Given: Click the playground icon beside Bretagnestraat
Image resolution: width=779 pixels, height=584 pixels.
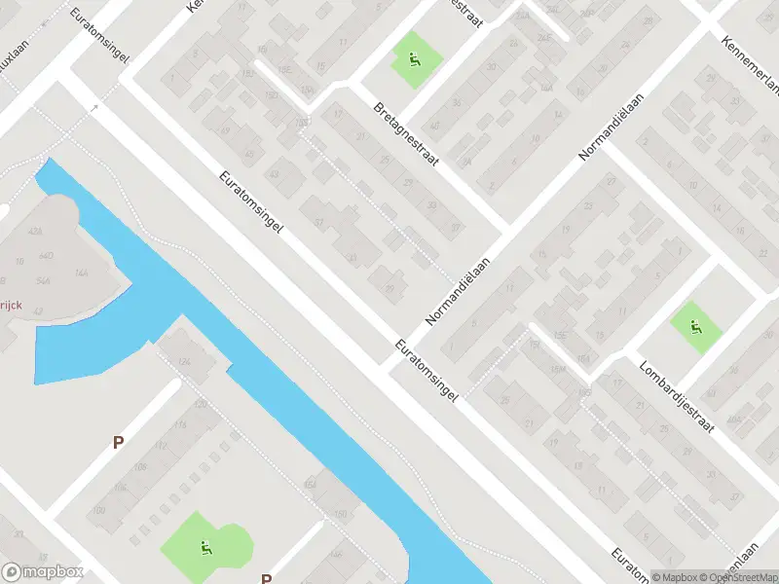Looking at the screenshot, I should [416, 62].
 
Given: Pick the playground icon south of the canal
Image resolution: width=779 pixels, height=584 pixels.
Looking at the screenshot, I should [205, 548].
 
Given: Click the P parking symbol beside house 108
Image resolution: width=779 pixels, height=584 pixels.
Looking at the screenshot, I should [118, 442].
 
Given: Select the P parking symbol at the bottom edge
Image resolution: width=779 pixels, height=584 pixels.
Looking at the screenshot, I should [265, 578].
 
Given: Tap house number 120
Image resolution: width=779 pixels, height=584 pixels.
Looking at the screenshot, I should [201, 405].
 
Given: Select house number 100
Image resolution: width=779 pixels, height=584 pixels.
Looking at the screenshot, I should [97, 510].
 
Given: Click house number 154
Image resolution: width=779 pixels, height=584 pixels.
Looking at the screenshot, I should [311, 484].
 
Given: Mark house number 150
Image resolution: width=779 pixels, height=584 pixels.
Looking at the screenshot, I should [341, 514].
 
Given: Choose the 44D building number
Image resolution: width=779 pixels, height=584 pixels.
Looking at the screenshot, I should [45, 254].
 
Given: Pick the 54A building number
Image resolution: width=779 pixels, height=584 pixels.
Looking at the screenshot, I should [43, 280].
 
